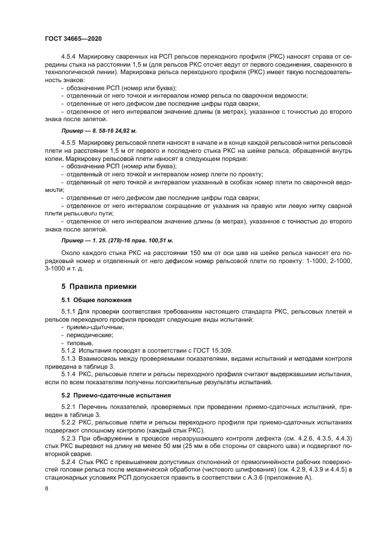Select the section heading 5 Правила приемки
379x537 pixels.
tap(98, 286)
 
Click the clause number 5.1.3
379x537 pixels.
tap(68, 358)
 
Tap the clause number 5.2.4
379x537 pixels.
tap(68, 461)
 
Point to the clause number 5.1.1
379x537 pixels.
tap(68, 311)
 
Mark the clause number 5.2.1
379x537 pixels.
tap(68, 406)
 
